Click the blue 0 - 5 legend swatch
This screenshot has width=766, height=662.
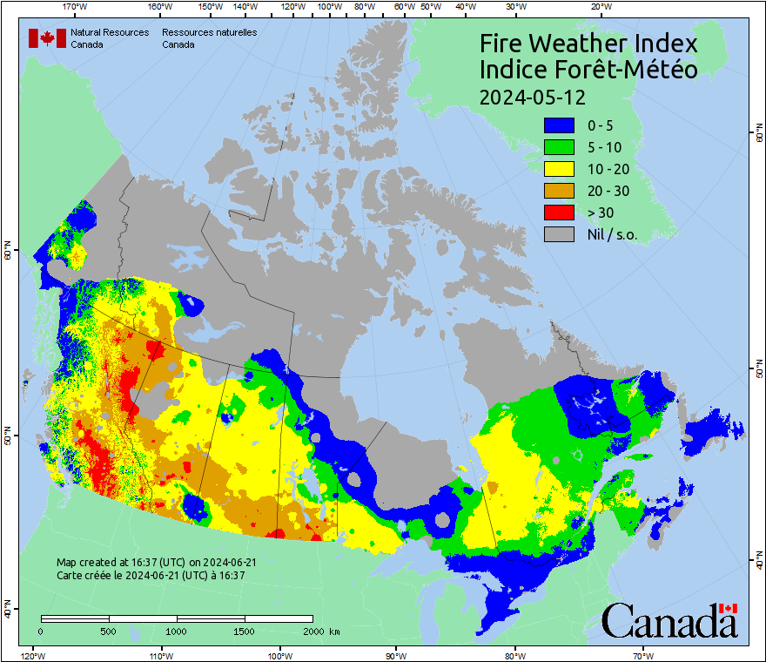tap(559, 125)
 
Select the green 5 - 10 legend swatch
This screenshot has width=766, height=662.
tap(559, 147)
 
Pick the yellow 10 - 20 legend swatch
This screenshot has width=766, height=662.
tap(559, 169)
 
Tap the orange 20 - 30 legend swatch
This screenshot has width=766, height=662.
tap(559, 191)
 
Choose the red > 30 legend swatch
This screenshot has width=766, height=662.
tap(559, 213)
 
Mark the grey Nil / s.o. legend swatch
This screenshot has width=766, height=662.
tap(559, 234)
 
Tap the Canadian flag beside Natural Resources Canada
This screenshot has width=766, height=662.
tap(47, 38)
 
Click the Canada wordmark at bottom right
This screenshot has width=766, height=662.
tap(669, 621)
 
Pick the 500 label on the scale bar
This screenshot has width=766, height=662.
tap(109, 631)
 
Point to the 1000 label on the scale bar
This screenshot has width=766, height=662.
tap(177, 631)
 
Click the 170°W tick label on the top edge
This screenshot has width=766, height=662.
tap(75, 7)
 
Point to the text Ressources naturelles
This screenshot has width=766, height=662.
tap(203, 32)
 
